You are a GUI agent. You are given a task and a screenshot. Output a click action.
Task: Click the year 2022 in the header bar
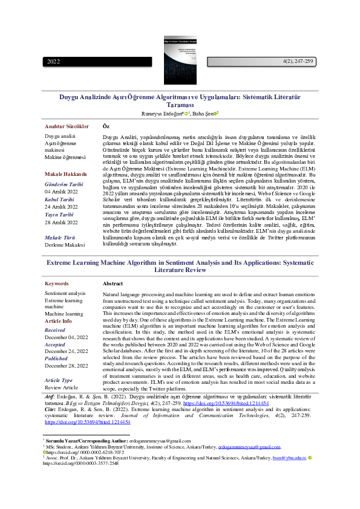pos(54,62)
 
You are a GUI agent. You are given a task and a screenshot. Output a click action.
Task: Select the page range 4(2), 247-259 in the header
pos(298,62)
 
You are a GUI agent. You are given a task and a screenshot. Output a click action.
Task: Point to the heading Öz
pos(106,126)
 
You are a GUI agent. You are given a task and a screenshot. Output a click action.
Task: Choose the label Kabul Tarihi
pos(59,199)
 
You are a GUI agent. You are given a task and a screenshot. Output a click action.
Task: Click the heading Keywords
pos(57,284)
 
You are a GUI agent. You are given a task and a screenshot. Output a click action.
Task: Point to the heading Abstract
pos(113,284)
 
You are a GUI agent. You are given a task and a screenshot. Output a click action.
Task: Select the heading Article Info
pos(59,321)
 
